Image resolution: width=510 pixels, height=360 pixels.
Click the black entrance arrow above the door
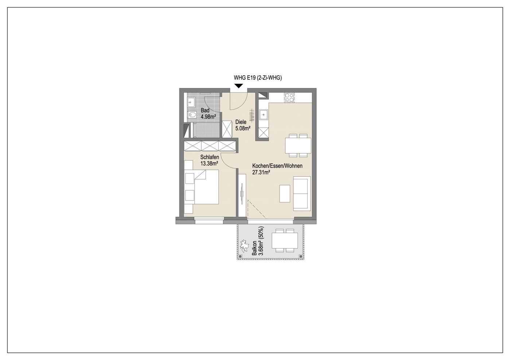point(239,86)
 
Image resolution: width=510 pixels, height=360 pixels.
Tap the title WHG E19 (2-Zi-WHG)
point(258,78)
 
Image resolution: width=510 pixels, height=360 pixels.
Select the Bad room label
point(205,111)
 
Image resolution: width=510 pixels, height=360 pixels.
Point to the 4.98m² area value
point(208,117)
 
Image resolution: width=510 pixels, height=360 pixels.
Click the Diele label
point(241,122)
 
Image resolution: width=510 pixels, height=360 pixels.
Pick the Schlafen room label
point(210,157)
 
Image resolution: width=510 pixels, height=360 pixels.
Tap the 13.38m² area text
point(209,163)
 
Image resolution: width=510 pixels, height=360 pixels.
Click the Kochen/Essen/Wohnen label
point(277,166)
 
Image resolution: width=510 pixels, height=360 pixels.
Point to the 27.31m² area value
point(261,172)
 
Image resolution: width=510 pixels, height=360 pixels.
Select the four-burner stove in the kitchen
point(289,97)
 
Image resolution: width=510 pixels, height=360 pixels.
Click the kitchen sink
point(264,115)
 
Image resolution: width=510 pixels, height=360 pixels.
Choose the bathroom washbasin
point(191,102)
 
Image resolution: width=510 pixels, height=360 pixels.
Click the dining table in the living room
point(298,146)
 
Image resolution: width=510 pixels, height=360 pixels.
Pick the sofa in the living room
point(302,193)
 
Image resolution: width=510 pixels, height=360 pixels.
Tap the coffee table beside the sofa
point(285,193)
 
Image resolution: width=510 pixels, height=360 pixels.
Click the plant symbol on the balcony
point(244,246)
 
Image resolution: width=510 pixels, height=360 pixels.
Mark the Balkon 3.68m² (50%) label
point(258,241)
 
